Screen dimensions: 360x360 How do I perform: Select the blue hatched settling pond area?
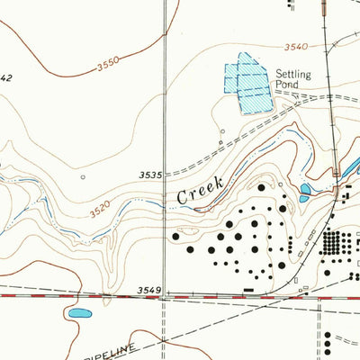click(246, 84)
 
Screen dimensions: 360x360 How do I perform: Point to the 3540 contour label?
click(294, 47)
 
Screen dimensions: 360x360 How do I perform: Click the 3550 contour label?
click(107, 67)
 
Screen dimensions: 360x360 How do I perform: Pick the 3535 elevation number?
click(149, 175)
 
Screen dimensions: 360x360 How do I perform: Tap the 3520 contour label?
click(101, 209)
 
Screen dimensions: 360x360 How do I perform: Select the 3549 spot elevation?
click(149, 290)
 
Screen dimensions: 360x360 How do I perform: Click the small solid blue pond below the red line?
click(79, 314)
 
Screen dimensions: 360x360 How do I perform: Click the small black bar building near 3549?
click(249, 289)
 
